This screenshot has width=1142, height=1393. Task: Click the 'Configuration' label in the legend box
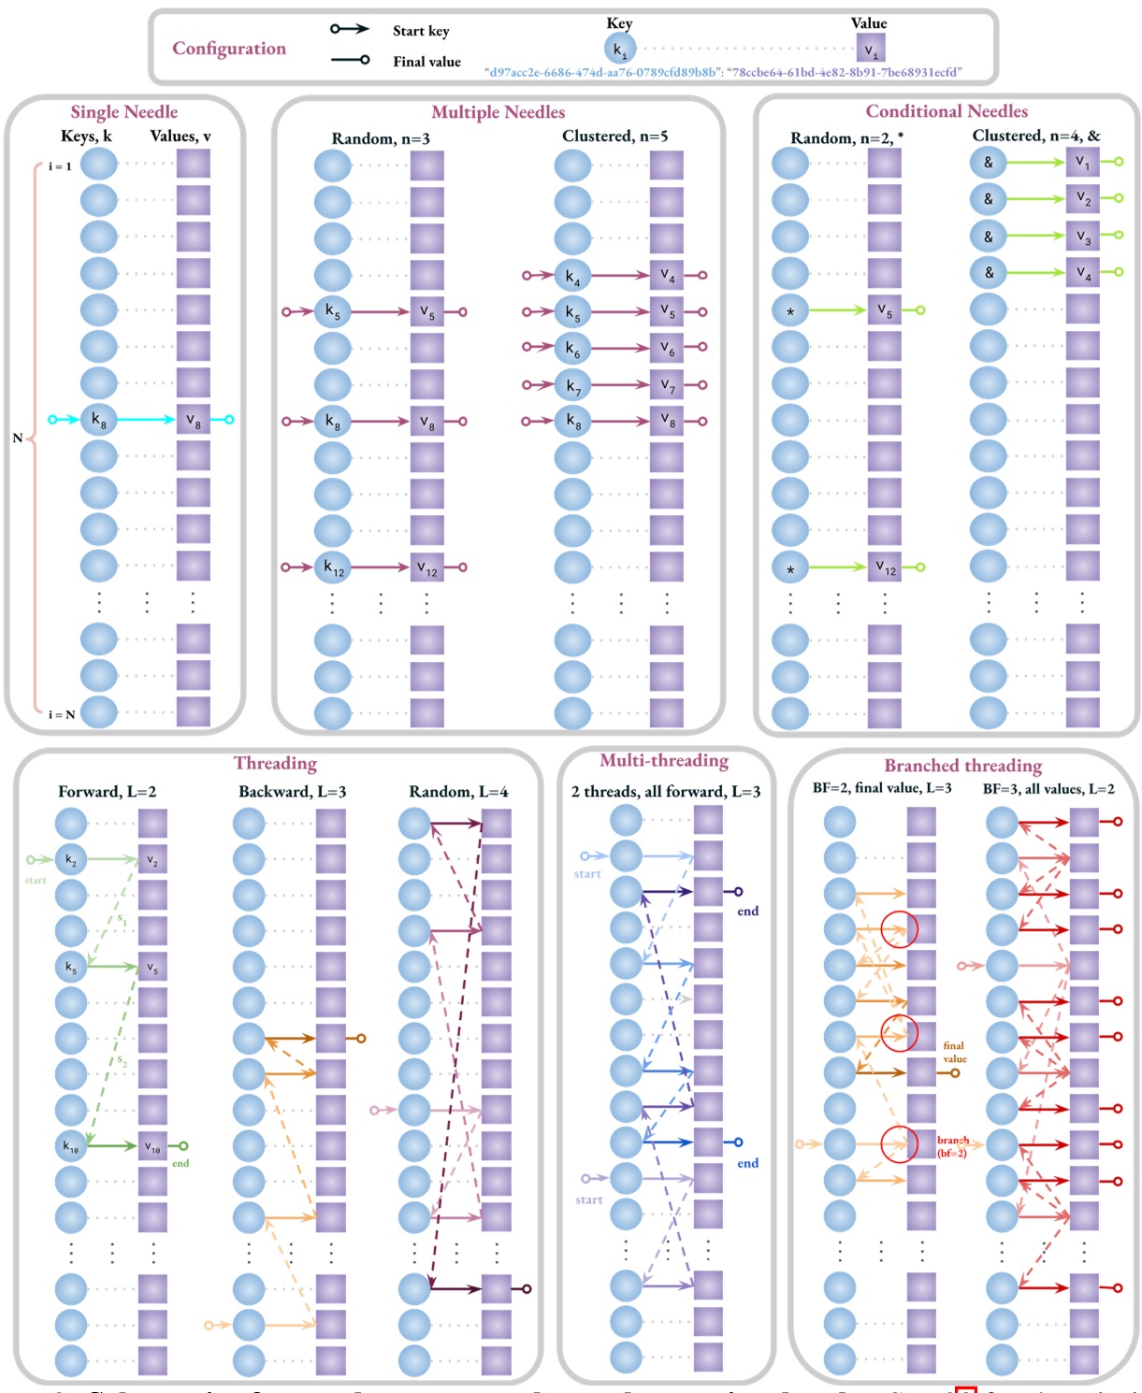coord(229,49)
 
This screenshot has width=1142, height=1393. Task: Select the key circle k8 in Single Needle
coord(98,420)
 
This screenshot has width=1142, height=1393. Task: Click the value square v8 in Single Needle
coord(193,420)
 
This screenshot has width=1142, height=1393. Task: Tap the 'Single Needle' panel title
coord(124,112)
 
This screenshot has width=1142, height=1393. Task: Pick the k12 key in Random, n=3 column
coord(333,567)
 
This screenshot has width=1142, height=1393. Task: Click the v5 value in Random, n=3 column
coord(426,312)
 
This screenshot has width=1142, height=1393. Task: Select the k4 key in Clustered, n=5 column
coord(572,276)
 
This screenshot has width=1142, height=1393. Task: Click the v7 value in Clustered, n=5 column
coord(667,384)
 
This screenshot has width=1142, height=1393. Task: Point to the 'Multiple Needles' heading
coord(498,112)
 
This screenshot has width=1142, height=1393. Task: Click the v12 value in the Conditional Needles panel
coord(885,567)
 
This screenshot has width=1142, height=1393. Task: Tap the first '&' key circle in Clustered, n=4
coord(988,162)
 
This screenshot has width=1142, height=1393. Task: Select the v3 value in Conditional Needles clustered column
coord(1082,236)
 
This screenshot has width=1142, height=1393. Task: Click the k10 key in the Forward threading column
coord(71,1145)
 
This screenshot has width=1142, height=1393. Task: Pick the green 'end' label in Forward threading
coord(181,1164)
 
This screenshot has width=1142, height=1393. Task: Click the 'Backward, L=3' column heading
coord(292,792)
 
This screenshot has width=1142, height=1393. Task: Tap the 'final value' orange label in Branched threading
coord(954,1052)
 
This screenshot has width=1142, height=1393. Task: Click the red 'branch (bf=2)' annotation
coord(952,1146)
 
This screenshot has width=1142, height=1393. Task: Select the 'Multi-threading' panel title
coord(664,761)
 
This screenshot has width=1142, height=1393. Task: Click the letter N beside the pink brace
coord(17,438)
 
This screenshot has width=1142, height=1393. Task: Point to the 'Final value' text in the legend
coord(426,62)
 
